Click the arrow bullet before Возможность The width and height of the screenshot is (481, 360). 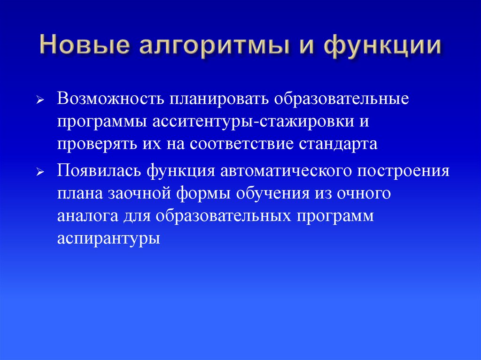[x=41, y=101]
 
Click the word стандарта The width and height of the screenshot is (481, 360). [x=338, y=144]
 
